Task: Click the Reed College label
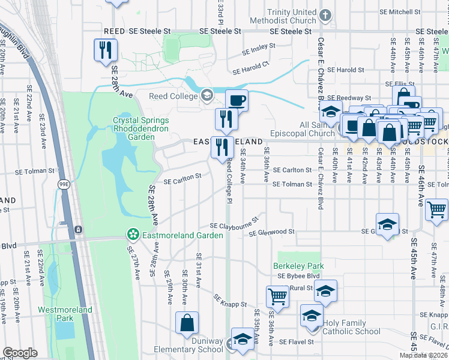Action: click(x=173, y=97)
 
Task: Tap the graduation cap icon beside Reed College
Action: click(x=207, y=95)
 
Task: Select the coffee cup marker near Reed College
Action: click(x=236, y=100)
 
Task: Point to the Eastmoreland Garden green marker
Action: click(x=132, y=234)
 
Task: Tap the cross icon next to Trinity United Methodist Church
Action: click(x=325, y=16)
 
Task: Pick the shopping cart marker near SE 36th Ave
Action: click(x=277, y=296)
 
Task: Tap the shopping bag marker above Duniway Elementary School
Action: click(x=187, y=322)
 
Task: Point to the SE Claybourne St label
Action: click(x=234, y=221)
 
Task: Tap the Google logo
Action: click(x=20, y=353)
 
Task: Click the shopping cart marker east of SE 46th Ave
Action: click(x=436, y=209)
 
